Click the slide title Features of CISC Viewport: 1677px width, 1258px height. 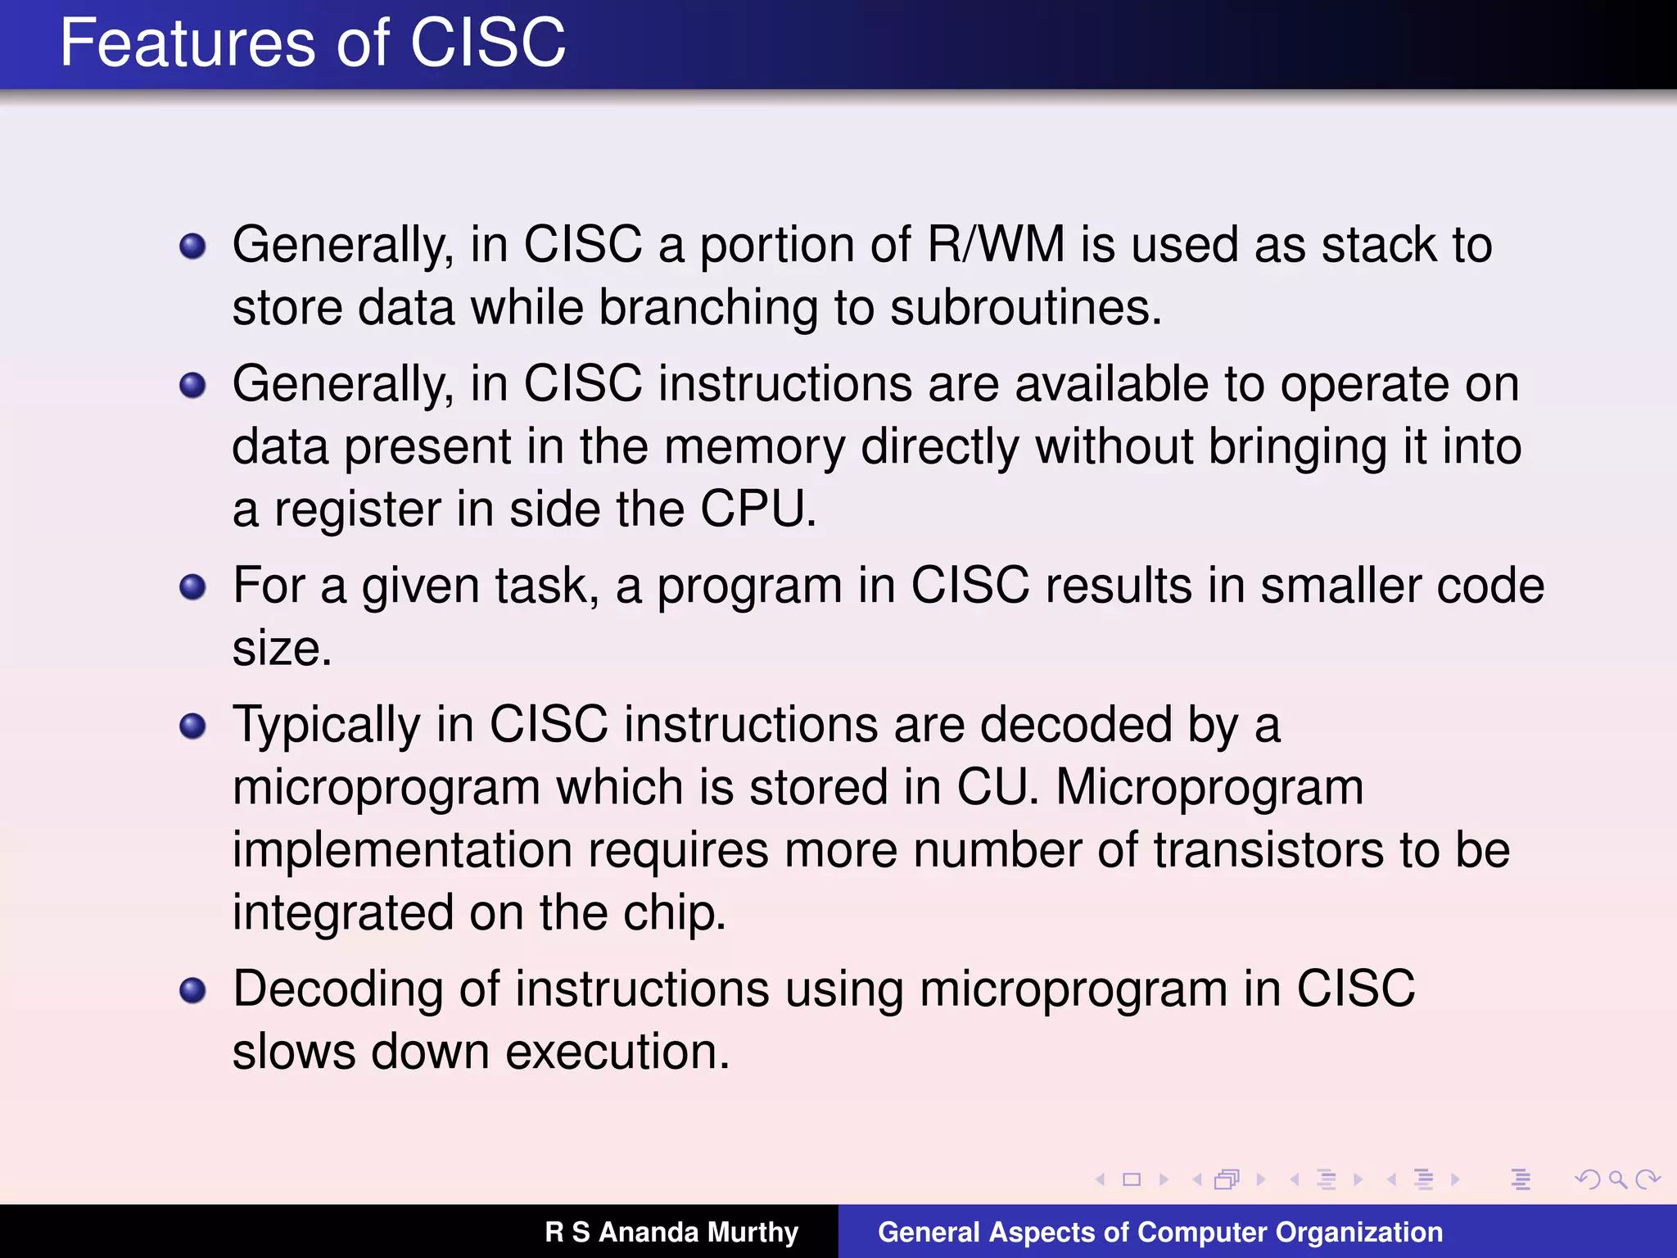tap(313, 43)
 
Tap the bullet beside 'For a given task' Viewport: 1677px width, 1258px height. tap(192, 586)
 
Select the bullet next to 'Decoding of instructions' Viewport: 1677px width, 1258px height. tap(192, 990)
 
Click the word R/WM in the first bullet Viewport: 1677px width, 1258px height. tap(996, 245)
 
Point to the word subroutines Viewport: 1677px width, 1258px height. tap(1025, 308)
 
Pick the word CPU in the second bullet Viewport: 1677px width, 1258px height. tap(757, 509)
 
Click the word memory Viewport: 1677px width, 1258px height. tap(754, 447)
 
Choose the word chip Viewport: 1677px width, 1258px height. tap(673, 912)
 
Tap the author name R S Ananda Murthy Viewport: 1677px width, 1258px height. tap(671, 1232)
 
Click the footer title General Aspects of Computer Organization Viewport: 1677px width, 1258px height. tap(1160, 1232)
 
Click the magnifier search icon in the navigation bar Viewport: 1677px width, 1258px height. tap(1617, 1179)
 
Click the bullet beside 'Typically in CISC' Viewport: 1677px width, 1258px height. tap(192, 726)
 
